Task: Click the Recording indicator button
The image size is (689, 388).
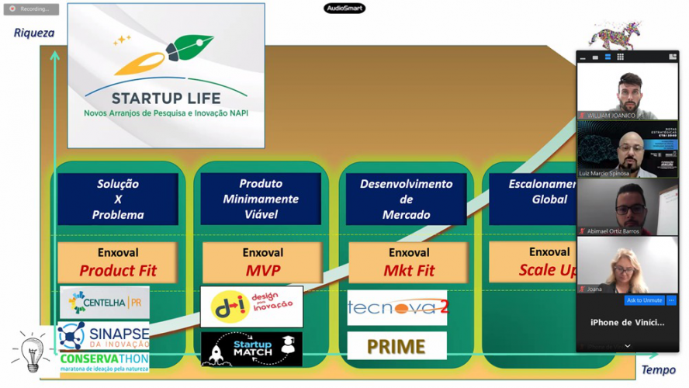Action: pos(31,9)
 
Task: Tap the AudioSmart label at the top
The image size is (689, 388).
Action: pos(344,9)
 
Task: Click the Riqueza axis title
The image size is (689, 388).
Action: pos(34,33)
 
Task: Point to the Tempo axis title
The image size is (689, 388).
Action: pos(658,370)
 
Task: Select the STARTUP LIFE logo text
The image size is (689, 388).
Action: pos(165,99)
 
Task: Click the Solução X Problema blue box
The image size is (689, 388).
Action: pos(118,199)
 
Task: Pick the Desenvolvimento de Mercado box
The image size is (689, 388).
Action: pos(406,199)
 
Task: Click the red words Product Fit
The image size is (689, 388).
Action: pos(118,271)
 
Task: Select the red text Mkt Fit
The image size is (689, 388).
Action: pos(409,271)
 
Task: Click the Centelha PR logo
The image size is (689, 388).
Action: pos(105,302)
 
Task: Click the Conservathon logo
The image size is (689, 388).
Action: pos(104,361)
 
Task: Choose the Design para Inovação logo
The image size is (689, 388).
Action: pos(251,307)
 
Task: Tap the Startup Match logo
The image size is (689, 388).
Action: pos(251,349)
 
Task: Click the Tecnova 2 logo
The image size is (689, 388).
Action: pos(396,307)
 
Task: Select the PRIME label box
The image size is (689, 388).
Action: pos(396,346)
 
